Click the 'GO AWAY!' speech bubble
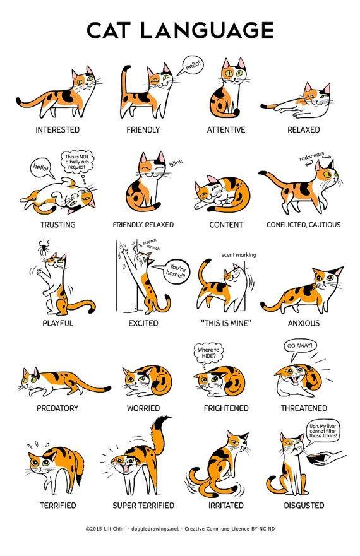[299, 346]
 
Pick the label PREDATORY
[57, 408]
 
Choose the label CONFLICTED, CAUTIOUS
[303, 225]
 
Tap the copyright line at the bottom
[179, 541]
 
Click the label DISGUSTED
[303, 506]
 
